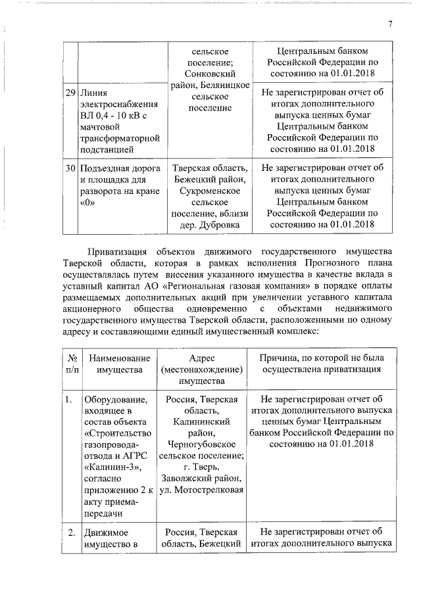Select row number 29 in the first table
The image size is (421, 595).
click(70, 93)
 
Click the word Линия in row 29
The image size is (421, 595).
click(95, 93)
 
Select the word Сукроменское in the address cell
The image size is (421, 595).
click(209, 190)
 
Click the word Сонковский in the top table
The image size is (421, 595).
click(210, 74)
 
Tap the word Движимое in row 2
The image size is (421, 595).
click(106, 532)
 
